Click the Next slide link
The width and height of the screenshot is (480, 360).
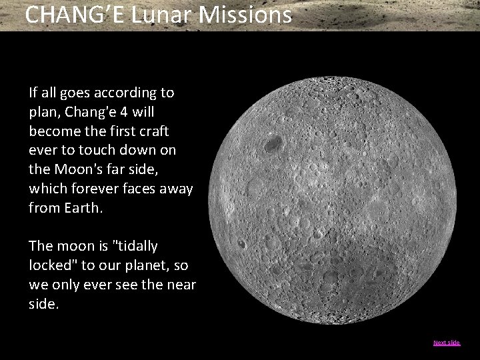pos(447,343)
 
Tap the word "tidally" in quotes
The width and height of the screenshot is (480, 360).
pos(137,246)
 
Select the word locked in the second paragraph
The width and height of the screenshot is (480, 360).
pos(54,265)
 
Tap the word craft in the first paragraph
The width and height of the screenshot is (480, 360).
pos(153,130)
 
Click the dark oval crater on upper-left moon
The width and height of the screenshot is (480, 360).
pos(271,143)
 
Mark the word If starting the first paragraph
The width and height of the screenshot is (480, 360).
pos(33,91)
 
